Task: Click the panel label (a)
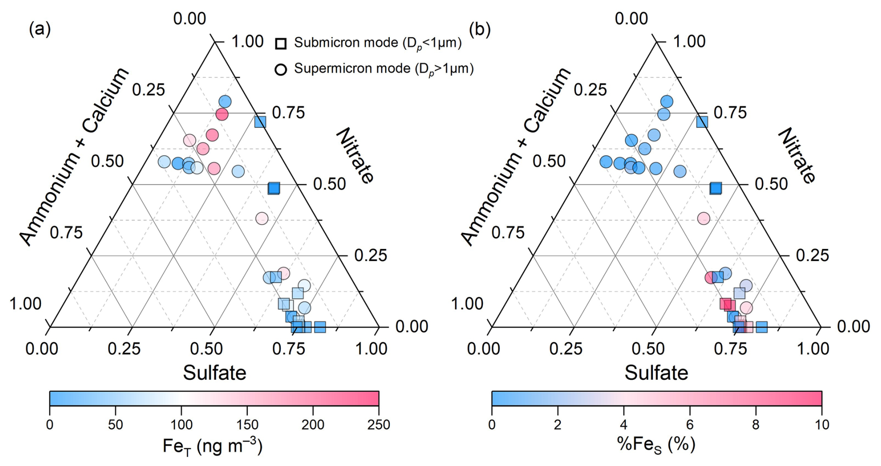coord(40,29)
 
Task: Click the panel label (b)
coord(480,29)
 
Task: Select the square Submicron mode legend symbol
coord(281,44)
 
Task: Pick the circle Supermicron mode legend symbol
coord(281,70)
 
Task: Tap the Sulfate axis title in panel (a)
coord(214,373)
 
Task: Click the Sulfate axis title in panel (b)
coord(656,373)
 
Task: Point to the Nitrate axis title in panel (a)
coord(355,156)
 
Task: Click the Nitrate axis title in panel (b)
coord(797,156)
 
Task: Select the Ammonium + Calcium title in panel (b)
coord(516,156)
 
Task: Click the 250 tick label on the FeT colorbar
coord(378,425)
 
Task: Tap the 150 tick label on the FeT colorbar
coord(247,425)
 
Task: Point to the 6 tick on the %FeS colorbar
coord(690,425)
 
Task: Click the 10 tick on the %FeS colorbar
coord(821,425)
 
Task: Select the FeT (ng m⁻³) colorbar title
coord(213,446)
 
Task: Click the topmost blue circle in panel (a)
coord(225,102)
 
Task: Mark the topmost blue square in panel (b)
coord(702,122)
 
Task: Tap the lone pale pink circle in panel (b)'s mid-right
coord(703,218)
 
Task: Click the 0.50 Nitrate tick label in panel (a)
coord(329,184)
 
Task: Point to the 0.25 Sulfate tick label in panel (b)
coord(566,349)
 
